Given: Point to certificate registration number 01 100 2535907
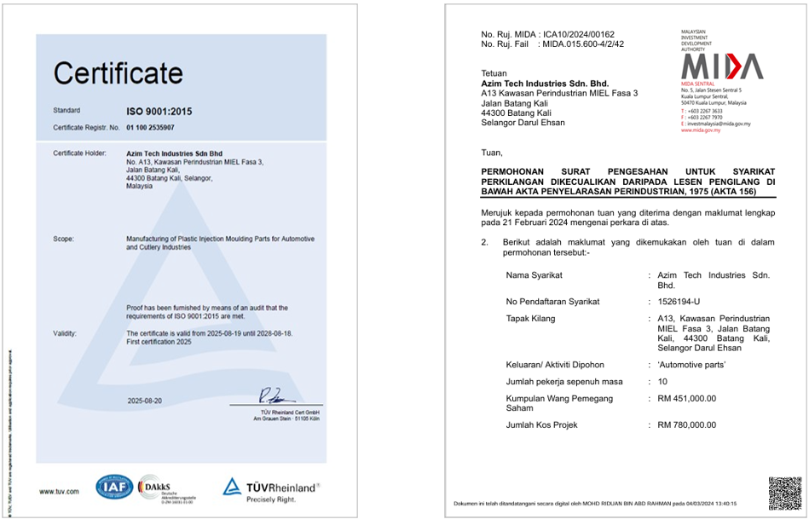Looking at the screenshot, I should (150, 127).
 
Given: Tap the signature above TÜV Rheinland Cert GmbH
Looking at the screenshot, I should (278, 395).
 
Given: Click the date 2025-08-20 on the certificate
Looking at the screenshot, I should (145, 400).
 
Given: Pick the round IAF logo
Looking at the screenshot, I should (113, 488).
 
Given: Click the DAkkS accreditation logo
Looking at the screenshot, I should (155, 488).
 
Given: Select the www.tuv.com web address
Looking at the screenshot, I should (59, 491).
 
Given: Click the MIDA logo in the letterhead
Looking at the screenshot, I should (721, 66).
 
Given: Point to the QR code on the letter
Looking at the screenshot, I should (783, 493).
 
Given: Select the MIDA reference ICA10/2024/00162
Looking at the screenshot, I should (578, 34).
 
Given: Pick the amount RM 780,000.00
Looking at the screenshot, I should (687, 424).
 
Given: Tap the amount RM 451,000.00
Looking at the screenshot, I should (687, 398).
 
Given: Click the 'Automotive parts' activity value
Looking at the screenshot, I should (691, 365).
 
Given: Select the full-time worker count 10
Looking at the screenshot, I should (662, 381).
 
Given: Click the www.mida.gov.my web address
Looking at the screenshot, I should (701, 130).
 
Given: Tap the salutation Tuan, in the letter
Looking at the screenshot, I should (492, 153).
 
